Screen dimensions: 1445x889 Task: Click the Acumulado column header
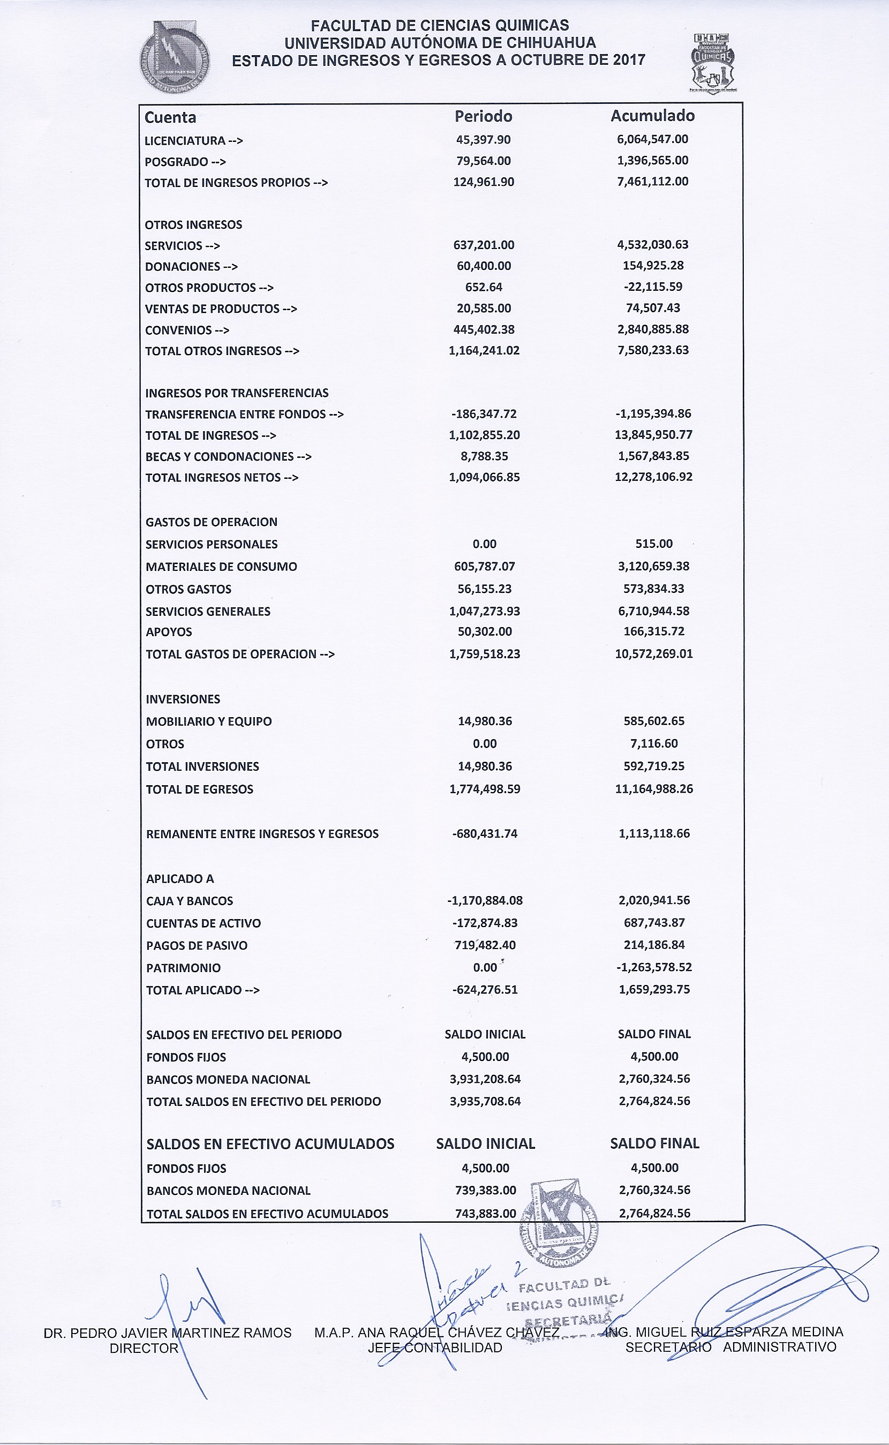(652, 116)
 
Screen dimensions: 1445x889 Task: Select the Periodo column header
(483, 116)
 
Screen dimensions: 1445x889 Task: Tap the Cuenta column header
(170, 118)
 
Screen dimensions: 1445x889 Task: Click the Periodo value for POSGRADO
(483, 161)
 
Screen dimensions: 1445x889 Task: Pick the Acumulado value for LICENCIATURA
(653, 139)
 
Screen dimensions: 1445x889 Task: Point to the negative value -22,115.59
(653, 287)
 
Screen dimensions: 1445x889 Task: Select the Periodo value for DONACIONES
(483, 266)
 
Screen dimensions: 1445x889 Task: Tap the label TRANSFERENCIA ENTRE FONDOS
(235, 415)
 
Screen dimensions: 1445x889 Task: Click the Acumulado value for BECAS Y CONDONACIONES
(653, 456)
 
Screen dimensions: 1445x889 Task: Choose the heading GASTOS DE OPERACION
(211, 522)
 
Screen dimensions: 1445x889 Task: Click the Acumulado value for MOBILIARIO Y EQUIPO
(654, 721)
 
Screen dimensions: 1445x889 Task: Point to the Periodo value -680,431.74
(485, 833)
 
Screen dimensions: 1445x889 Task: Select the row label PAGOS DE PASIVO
(197, 946)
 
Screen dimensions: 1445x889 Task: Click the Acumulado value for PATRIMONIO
(654, 968)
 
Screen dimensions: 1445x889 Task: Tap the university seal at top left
(174, 57)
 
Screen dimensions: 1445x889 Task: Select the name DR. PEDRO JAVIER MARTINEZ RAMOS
(168, 1333)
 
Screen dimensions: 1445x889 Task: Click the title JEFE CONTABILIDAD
(435, 1348)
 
